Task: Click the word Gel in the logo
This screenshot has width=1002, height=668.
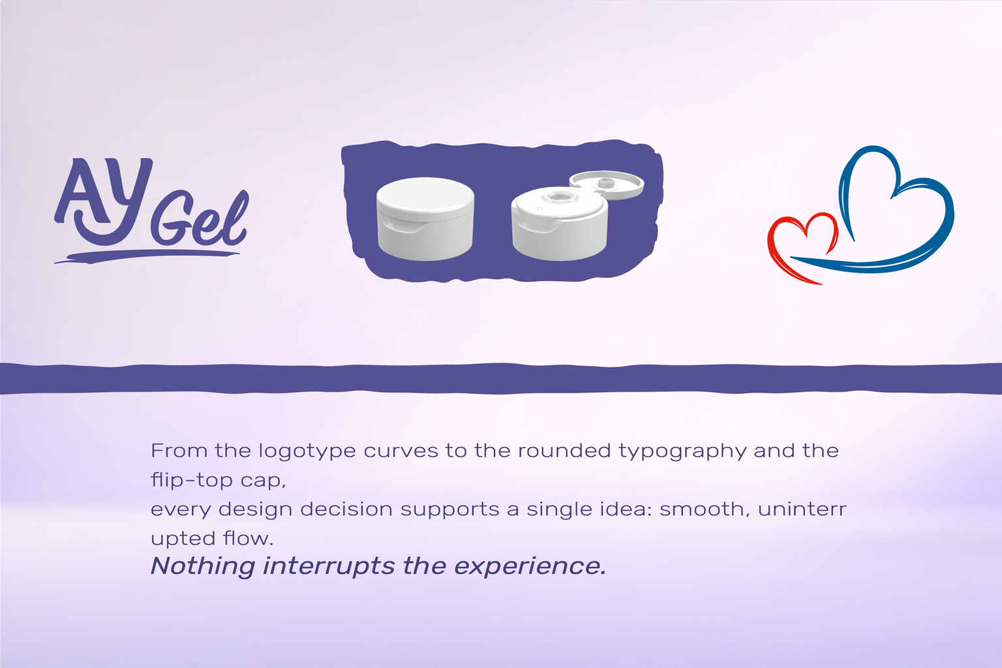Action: pyautogui.click(x=200, y=218)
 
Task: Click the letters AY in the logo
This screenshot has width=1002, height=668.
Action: pyautogui.click(x=104, y=202)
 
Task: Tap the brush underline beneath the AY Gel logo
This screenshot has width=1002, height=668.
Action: pyautogui.click(x=147, y=256)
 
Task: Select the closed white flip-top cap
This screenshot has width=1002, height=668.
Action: pyautogui.click(x=425, y=219)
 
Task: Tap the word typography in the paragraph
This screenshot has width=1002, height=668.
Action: pyautogui.click(x=682, y=451)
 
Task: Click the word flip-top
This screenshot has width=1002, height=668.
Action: pyautogui.click(x=192, y=480)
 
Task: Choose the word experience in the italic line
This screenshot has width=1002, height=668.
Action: pyautogui.click(x=530, y=567)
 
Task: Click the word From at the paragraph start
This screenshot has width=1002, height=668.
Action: pyautogui.click(x=179, y=450)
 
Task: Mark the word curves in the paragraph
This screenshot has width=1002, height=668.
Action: pyautogui.click(x=401, y=451)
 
